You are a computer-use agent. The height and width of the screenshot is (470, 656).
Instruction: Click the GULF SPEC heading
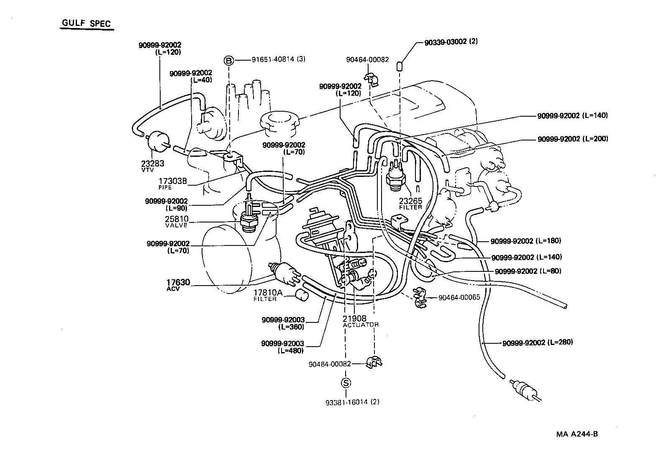87,23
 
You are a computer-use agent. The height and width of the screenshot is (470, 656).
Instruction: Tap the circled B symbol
229,61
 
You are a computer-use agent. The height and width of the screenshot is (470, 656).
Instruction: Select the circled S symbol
346,383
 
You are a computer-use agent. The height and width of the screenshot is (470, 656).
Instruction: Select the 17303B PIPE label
172,183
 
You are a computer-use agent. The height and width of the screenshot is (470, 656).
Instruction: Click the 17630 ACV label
178,285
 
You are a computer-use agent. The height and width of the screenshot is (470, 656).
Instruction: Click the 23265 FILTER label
410,203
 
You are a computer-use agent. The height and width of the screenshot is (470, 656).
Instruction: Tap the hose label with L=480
282,347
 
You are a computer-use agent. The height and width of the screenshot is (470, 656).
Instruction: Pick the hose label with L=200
572,139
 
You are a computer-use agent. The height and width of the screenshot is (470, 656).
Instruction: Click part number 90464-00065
459,297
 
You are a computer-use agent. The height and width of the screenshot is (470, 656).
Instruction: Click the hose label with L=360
283,323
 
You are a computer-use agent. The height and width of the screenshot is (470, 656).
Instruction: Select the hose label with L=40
191,76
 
